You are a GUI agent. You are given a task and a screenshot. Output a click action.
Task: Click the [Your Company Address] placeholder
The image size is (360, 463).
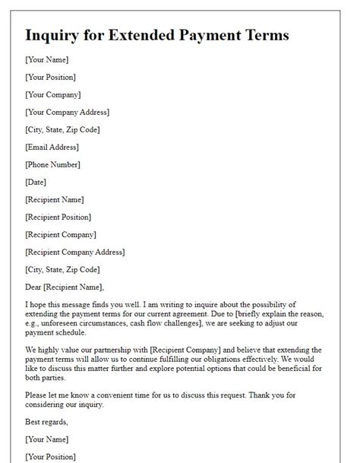point(67,112)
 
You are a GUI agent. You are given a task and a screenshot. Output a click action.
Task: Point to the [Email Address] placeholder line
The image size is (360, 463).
point(52,147)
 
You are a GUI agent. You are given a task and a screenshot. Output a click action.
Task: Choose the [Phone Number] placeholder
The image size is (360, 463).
point(52,164)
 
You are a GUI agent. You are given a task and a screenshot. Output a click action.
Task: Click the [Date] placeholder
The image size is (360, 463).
point(36,182)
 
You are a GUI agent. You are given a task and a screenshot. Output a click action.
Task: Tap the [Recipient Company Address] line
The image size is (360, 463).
point(75,252)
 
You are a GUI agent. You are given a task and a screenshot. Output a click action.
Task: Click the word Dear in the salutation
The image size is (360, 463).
point(34,287)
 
